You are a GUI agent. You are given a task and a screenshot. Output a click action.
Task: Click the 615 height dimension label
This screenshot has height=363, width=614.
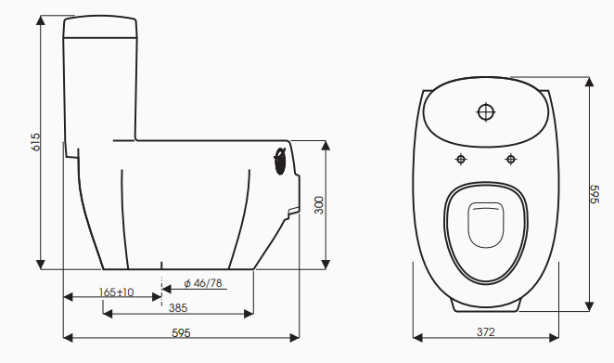click(x=35, y=142)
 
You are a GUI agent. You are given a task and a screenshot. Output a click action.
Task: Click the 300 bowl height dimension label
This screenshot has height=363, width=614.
click(x=320, y=205)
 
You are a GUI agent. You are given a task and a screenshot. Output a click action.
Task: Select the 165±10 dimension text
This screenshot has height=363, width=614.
click(x=116, y=292)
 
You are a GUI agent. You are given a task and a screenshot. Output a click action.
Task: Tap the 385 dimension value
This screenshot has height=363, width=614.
click(x=178, y=308)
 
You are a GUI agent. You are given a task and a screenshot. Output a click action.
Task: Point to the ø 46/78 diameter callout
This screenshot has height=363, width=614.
click(x=203, y=283)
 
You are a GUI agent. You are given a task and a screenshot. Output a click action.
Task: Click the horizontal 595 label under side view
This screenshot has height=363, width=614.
click(x=181, y=332)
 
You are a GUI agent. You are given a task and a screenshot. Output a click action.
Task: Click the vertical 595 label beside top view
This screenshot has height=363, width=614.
click(x=594, y=194)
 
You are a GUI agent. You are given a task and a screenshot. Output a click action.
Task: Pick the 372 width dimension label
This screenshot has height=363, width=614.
click(x=486, y=332)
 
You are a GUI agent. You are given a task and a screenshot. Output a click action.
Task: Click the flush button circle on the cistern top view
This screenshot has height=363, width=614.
click(x=486, y=112)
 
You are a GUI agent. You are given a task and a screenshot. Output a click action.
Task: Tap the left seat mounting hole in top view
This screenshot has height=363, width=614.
click(x=461, y=159)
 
